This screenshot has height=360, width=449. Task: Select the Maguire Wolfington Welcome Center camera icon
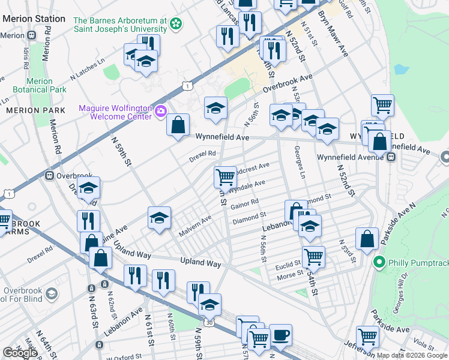pos(161,111)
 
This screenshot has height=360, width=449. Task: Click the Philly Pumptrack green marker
pos(379,262)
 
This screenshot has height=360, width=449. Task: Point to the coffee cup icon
pos(280,335)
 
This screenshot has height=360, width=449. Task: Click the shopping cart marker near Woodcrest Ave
pos(225,176)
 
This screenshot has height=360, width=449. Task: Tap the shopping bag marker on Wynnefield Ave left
pos(178,125)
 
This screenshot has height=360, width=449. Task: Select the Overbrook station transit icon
pos(49,176)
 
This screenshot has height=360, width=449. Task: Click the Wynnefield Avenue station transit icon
pos(391,157)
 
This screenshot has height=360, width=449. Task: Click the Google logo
pos(19,353)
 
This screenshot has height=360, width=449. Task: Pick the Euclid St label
pos(289,265)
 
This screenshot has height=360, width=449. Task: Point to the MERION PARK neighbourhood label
pos(27,111)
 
